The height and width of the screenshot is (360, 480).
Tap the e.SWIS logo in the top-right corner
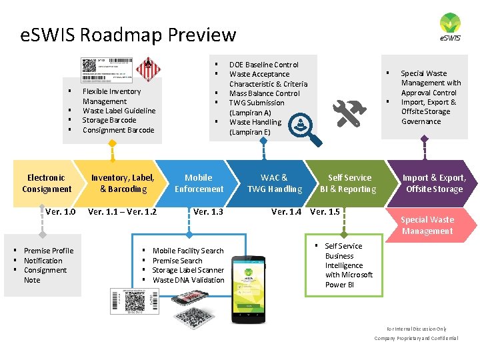coord(450,27)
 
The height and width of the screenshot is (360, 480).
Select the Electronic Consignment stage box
coord(46,183)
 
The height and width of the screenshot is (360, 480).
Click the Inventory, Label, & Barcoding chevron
coord(122,183)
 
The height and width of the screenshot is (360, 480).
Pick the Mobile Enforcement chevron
coord(199,183)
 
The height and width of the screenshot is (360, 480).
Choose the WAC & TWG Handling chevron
coord(275,183)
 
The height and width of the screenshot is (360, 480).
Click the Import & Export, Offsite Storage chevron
coord(433,183)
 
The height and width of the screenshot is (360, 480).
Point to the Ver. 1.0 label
coord(61,212)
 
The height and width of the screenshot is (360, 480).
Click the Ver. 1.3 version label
coord(208,212)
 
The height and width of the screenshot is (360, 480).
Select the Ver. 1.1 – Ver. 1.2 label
coord(123,212)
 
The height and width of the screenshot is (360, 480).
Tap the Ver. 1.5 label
coord(325,212)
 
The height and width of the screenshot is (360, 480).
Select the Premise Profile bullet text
coord(49,251)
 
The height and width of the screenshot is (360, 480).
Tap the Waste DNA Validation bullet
coord(189,280)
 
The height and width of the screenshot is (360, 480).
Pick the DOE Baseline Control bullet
coord(264,65)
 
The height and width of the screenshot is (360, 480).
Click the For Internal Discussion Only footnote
coord(417,329)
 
